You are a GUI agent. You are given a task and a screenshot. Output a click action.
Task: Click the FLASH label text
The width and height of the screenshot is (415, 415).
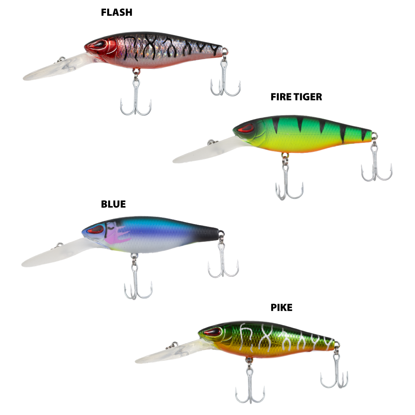[x=116, y=12]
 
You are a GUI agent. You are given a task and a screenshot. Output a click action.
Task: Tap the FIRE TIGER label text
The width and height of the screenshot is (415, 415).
[x=296, y=97]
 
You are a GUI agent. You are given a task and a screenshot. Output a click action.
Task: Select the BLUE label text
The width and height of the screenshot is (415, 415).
[x=113, y=204]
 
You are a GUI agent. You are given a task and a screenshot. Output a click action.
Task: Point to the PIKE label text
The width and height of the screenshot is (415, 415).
[x=281, y=307]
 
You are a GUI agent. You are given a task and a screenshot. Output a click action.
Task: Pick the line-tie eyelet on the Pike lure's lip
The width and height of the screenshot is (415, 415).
[x=174, y=345]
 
